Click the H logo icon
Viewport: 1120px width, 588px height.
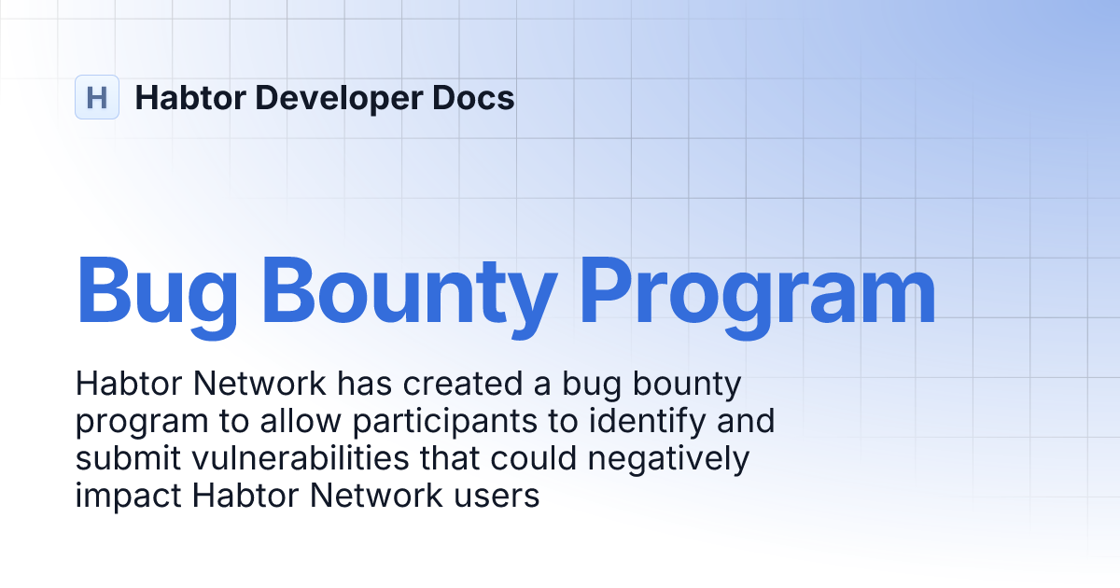97,97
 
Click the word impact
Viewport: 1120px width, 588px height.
128,497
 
